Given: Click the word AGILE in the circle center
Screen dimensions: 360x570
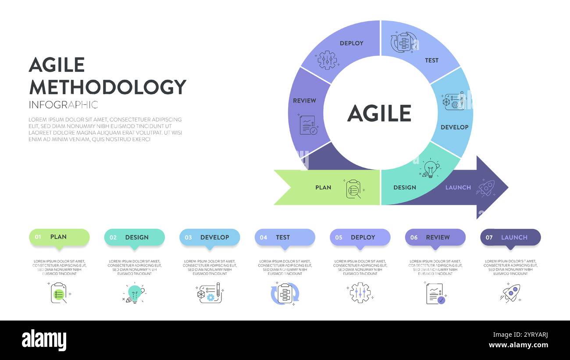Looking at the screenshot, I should click(x=379, y=114).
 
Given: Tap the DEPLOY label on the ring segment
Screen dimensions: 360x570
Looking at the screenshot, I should click(x=351, y=43).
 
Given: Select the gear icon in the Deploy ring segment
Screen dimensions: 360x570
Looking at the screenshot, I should click(x=327, y=60).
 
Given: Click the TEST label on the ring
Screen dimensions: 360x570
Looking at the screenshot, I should click(x=431, y=61).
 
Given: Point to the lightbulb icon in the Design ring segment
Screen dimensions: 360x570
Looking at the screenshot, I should click(x=431, y=169).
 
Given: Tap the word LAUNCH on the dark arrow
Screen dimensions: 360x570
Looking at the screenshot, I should click(x=458, y=188).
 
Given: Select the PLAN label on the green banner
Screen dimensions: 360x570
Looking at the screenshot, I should click(x=323, y=188).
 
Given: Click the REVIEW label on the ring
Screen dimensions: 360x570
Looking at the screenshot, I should click(x=304, y=100).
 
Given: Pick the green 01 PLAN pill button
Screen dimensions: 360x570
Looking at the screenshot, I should click(x=59, y=237).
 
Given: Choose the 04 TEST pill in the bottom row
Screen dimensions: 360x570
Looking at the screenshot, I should click(x=285, y=237).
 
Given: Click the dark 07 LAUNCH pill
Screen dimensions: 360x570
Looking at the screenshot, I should click(x=510, y=237).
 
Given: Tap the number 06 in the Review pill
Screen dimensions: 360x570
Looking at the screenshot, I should click(x=414, y=238).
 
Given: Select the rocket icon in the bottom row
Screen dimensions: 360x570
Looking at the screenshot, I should click(x=510, y=293).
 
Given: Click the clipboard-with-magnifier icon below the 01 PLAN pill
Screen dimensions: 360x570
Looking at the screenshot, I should click(x=59, y=293).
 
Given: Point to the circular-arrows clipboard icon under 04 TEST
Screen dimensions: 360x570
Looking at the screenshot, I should click(x=285, y=293).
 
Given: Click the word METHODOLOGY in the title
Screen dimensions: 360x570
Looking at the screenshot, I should click(x=107, y=87).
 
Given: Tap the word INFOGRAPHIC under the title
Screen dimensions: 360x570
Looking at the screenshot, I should click(x=63, y=105).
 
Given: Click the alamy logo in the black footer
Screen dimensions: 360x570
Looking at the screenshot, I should click(x=44, y=340).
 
